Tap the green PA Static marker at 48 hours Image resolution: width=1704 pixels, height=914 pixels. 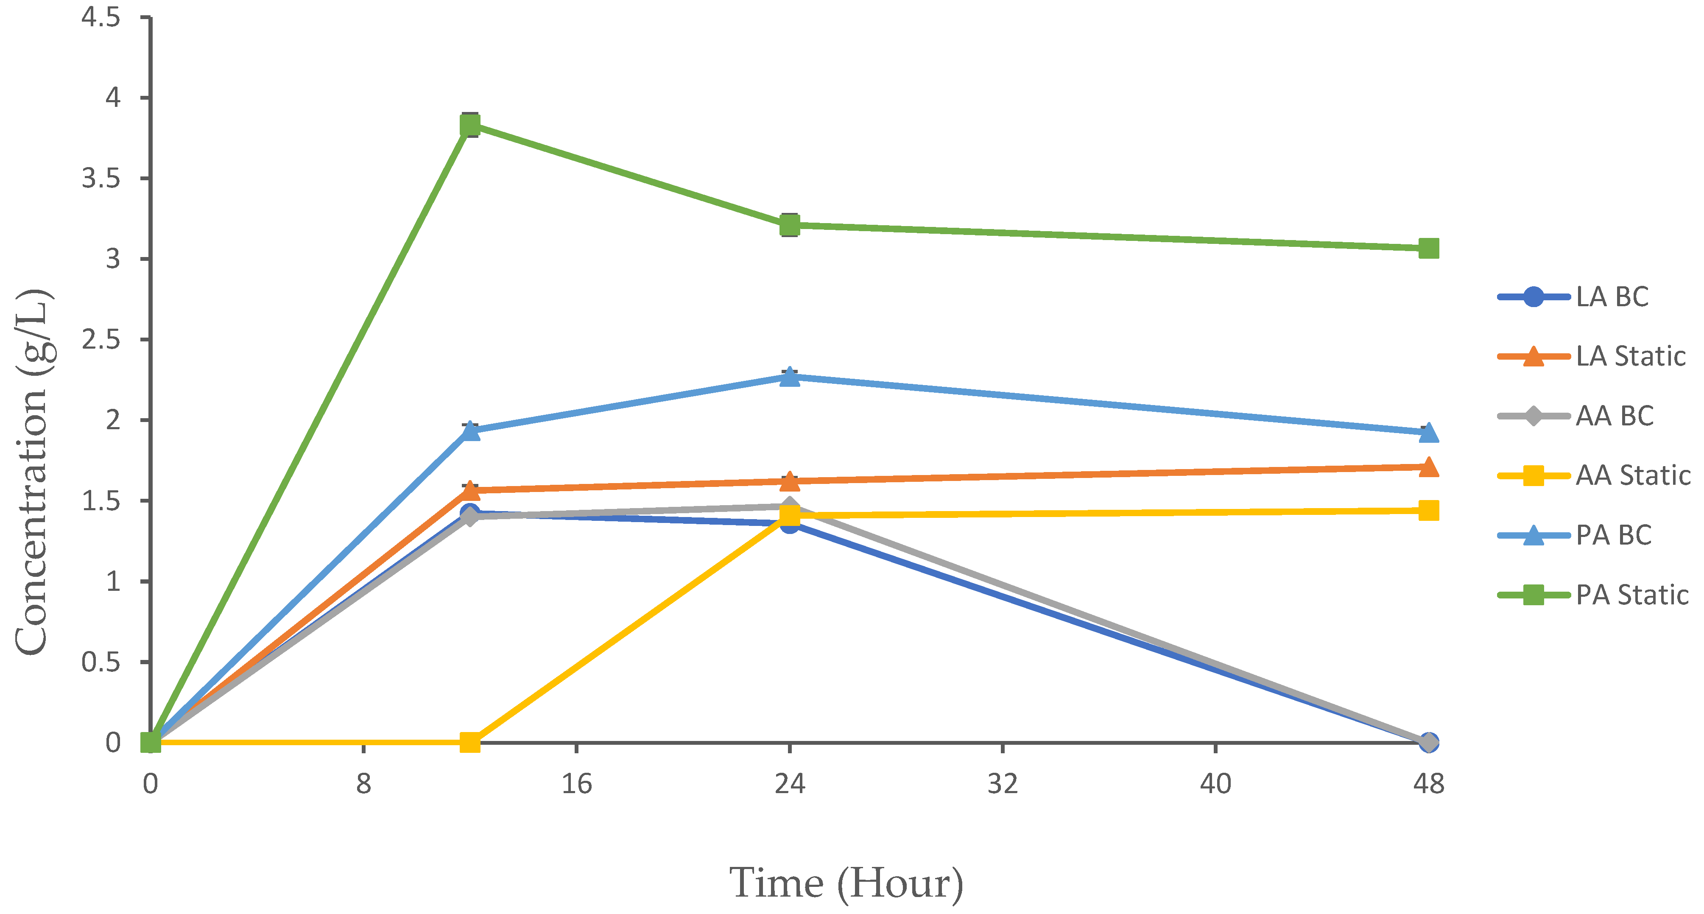click(x=1428, y=249)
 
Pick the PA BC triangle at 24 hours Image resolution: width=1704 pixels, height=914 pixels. click(x=789, y=377)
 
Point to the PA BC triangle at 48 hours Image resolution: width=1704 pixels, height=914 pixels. click(x=1428, y=433)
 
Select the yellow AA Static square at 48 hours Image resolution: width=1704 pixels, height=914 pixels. click(x=1428, y=510)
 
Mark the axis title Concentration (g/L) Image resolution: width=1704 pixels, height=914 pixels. click(x=32, y=472)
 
